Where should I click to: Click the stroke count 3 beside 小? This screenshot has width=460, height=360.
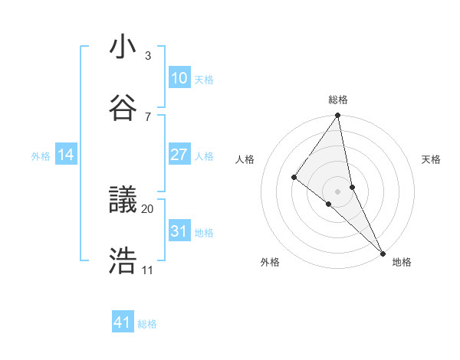tap(148, 56)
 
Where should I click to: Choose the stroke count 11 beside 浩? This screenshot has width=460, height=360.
tap(147, 270)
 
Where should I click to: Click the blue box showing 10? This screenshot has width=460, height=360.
tap(179, 77)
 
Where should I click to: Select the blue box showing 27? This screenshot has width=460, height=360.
tap(179, 155)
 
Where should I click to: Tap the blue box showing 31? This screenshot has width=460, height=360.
tap(179, 231)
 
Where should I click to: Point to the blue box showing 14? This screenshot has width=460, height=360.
tap(66, 155)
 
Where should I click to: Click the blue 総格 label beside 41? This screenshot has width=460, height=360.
tap(147, 324)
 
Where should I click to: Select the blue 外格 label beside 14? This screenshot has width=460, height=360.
tap(41, 156)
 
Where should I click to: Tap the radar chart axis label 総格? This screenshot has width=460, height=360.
tap(338, 100)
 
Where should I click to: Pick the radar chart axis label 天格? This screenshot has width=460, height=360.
tap(432, 159)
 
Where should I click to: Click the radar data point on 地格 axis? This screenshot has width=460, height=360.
tap(383, 252)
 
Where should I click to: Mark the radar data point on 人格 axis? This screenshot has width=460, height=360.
tap(294, 178)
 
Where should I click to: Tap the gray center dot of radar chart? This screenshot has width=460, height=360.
tap(337, 191)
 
